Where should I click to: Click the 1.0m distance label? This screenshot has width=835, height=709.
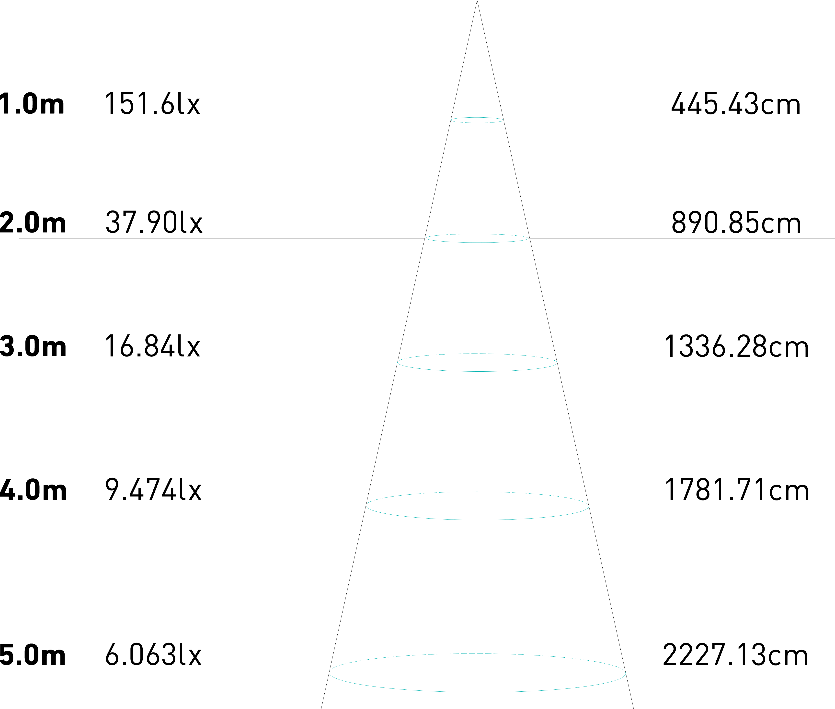[x=32, y=104]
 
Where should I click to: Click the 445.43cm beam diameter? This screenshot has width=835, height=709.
[x=735, y=104]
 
